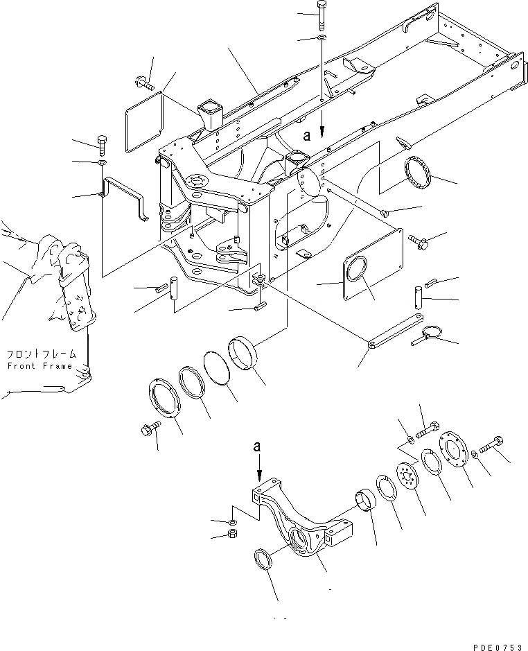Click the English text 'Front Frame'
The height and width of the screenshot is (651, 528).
coord(39,366)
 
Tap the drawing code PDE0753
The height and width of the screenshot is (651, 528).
coord(497,645)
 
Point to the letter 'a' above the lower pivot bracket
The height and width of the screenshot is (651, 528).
coord(258,449)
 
